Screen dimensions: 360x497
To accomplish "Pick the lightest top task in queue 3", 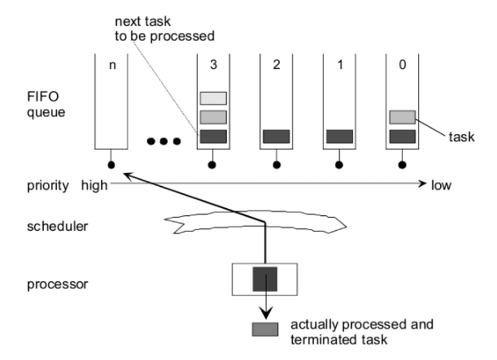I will coord(213,98).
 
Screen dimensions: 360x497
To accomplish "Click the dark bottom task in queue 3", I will coord(213,136).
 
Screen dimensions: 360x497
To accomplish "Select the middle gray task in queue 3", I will coord(213,117).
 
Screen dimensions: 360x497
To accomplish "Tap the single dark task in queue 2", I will coord(276,136).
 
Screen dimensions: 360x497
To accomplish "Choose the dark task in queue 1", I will coord(339,136).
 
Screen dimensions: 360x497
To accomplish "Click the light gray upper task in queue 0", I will coord(403,117).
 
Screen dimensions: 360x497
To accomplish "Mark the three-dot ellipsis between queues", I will coord(163,142).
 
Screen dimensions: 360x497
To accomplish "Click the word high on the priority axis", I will coord(94,185).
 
